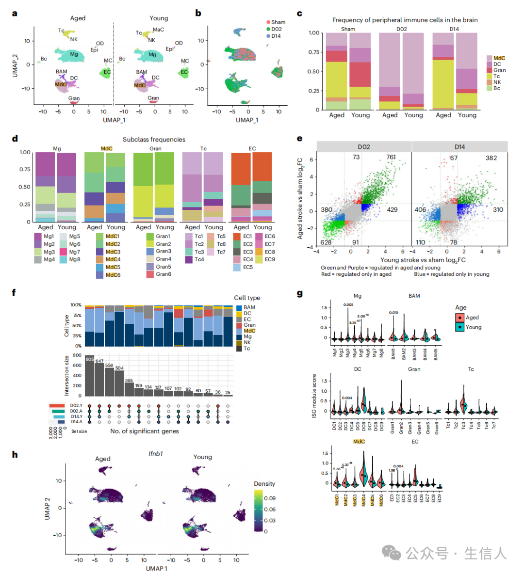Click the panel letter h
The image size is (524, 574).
[x=15, y=454]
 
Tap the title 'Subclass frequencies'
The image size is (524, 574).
[x=154, y=140]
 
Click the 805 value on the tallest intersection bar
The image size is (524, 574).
[x=90, y=359]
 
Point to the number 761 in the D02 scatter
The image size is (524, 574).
[x=391, y=157]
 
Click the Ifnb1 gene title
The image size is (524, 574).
[x=156, y=454]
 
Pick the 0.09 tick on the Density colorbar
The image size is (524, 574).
[x=269, y=498]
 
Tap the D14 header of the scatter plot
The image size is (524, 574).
[x=459, y=146]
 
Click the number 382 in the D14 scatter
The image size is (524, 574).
[x=491, y=158]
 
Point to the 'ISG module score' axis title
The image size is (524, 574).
[x=314, y=396]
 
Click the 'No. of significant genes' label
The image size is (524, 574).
[x=144, y=431]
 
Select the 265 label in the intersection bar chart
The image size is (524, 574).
[x=129, y=381]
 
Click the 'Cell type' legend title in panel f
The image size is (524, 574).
[x=247, y=298]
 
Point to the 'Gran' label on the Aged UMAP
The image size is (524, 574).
[x=74, y=98]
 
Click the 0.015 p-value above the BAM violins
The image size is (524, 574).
[x=393, y=313]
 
